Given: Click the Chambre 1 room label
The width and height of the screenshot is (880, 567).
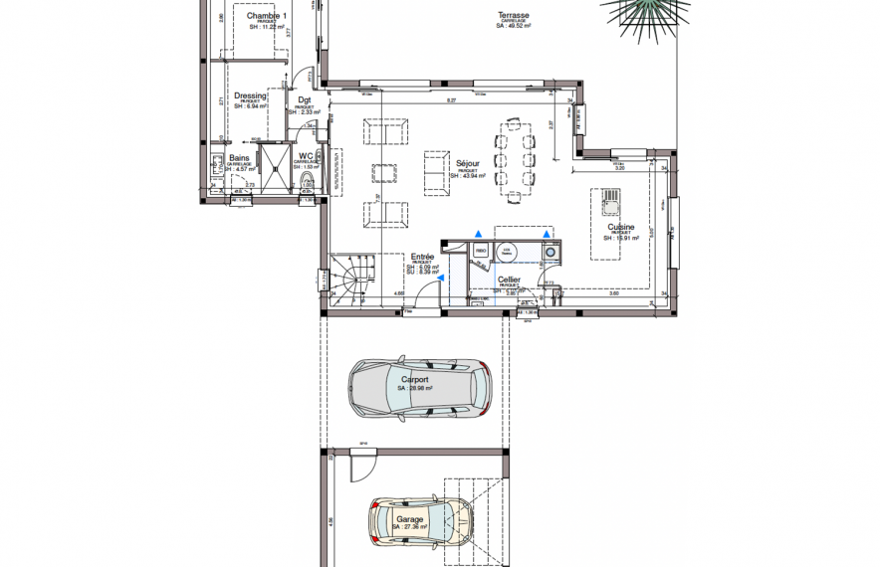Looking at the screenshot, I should tap(267, 16).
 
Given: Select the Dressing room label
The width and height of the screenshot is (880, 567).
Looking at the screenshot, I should tap(251, 96).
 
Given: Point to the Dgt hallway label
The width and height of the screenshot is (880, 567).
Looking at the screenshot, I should tap(304, 100).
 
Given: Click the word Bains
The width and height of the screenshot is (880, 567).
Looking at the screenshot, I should tap(240, 157).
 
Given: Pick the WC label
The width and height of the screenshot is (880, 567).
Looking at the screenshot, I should tap(305, 156).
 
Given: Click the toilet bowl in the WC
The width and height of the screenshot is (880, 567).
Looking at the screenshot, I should tap(308, 183).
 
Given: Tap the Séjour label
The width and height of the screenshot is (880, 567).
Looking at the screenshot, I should tap(467, 163).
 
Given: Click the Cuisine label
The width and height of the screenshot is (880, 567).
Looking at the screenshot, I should tap(621, 227).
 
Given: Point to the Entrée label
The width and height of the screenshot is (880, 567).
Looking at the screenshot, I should tap(422, 257).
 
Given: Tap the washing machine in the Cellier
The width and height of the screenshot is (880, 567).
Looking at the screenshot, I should tap(550, 253).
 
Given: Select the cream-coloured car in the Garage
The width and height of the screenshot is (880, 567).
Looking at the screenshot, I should tap(418, 520).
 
